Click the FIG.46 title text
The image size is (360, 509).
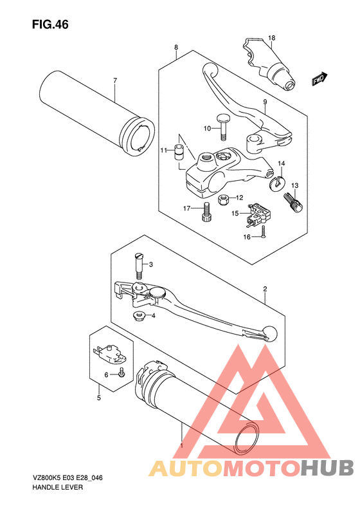click(x=50, y=24)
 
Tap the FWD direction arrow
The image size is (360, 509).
click(x=319, y=79)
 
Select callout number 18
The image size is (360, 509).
click(x=272, y=38)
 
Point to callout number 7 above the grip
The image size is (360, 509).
click(x=115, y=80)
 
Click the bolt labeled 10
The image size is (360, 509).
click(x=222, y=127)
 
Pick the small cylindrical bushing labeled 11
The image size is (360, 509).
click(x=178, y=152)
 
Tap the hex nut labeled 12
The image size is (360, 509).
click(x=223, y=199)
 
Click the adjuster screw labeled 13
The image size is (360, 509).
click(x=293, y=202)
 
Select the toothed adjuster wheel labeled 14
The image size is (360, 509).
click(x=276, y=182)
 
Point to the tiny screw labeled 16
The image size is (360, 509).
click(x=263, y=232)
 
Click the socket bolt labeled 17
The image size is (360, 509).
click(x=206, y=212)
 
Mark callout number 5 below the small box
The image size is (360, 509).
click(x=99, y=398)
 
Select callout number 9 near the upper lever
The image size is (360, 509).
click(x=265, y=102)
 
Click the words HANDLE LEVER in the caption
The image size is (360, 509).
click(x=58, y=487)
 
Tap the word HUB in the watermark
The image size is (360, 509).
click(x=327, y=468)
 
